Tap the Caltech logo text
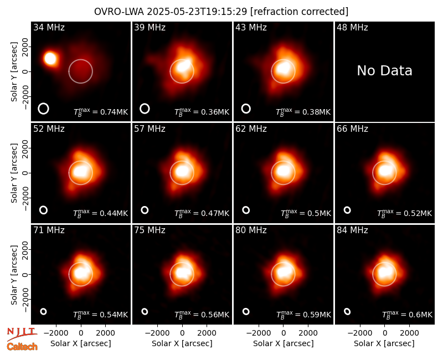22,347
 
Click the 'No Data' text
384,71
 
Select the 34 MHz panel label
49,27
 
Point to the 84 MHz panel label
352,230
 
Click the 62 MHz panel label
251,129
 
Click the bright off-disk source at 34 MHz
50,59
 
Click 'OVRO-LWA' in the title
119,12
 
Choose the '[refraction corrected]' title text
300,12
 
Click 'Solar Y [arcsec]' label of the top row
14,72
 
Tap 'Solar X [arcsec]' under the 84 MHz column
384,343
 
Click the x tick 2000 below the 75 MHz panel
207,333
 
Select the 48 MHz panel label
352,27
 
